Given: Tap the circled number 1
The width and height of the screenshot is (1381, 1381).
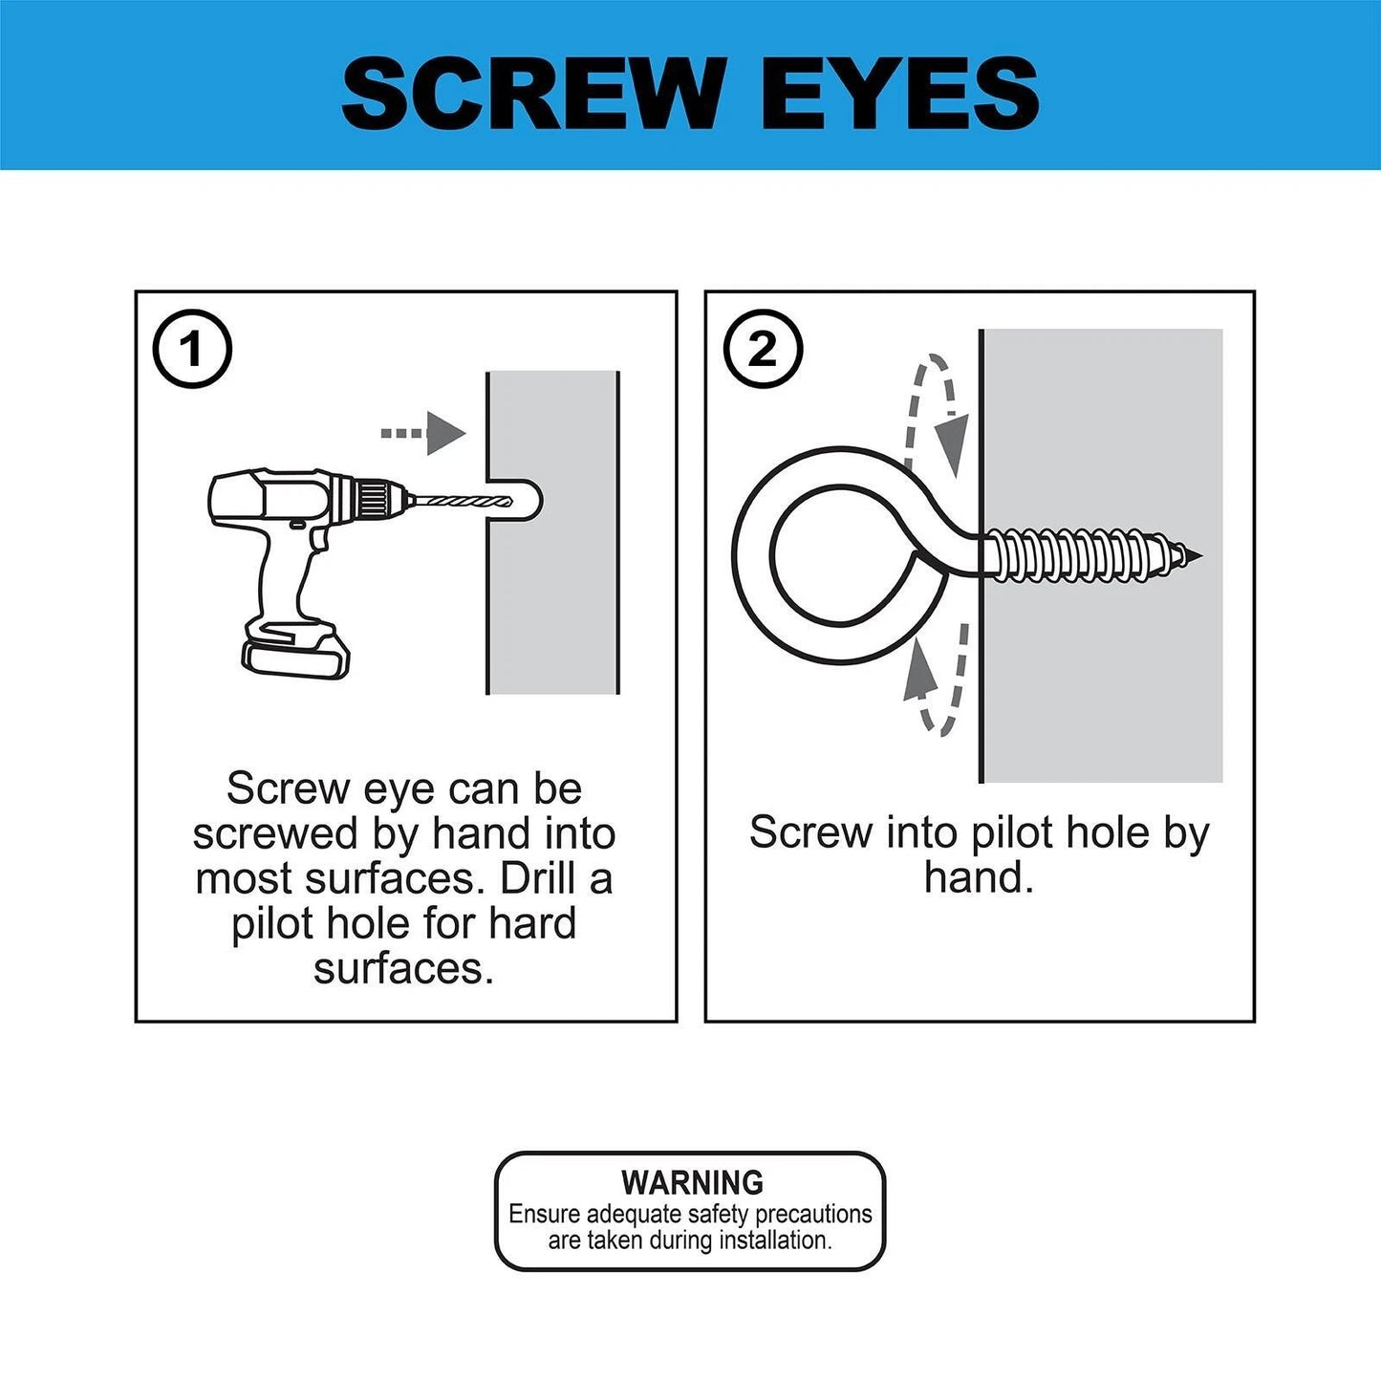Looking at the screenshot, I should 192,349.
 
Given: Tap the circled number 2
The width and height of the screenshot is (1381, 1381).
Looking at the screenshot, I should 762,349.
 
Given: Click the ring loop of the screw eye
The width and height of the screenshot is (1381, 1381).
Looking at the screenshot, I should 831,555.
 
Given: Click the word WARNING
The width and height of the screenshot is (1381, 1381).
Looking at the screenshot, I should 692,1182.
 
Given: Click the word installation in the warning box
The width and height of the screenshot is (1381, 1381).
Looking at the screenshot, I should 775,1241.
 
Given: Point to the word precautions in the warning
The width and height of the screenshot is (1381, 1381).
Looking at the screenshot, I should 813,1214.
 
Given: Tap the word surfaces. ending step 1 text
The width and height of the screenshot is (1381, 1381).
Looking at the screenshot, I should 403,968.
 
